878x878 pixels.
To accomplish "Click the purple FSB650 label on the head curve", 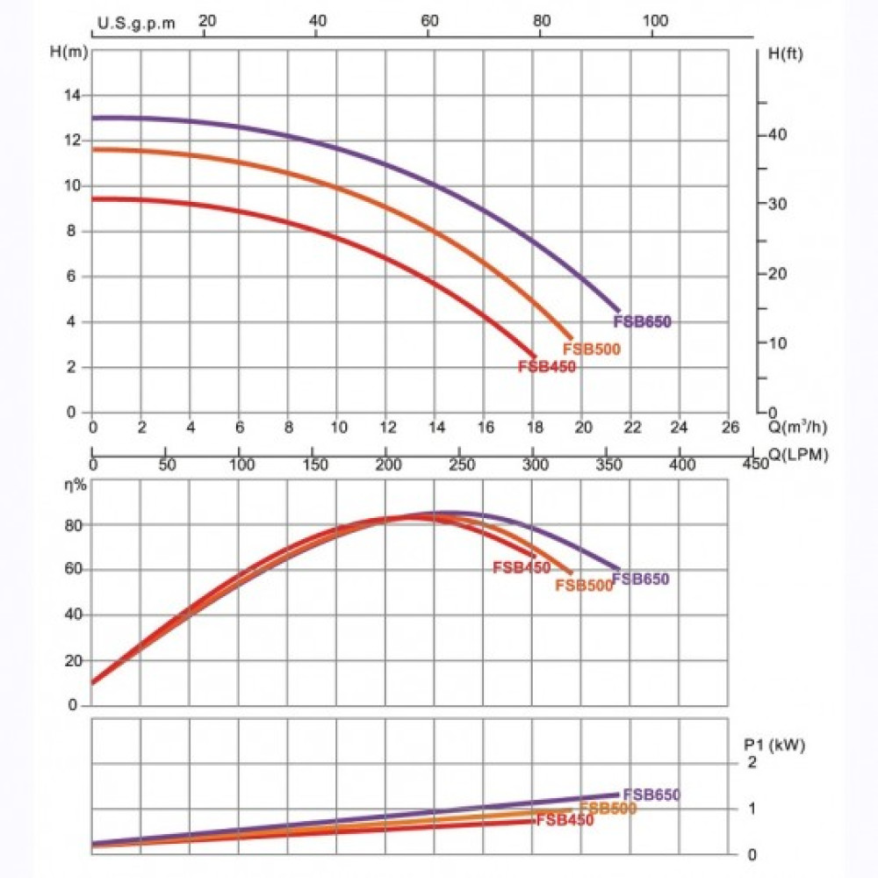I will [x=643, y=322].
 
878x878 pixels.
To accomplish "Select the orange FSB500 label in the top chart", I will [x=592, y=349].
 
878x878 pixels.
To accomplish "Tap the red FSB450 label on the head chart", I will [x=547, y=367].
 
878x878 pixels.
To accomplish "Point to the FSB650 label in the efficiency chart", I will [x=641, y=579].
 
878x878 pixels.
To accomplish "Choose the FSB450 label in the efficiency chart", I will [x=522, y=568].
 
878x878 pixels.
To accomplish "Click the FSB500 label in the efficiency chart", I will [x=584, y=586].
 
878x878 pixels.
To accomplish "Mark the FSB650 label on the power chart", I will [x=651, y=795].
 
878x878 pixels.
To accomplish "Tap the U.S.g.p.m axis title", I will [x=137, y=24].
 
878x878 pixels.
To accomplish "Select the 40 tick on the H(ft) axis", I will [x=779, y=135].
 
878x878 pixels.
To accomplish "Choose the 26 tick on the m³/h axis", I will [x=728, y=428].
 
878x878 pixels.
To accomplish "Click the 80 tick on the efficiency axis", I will [x=74, y=525].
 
